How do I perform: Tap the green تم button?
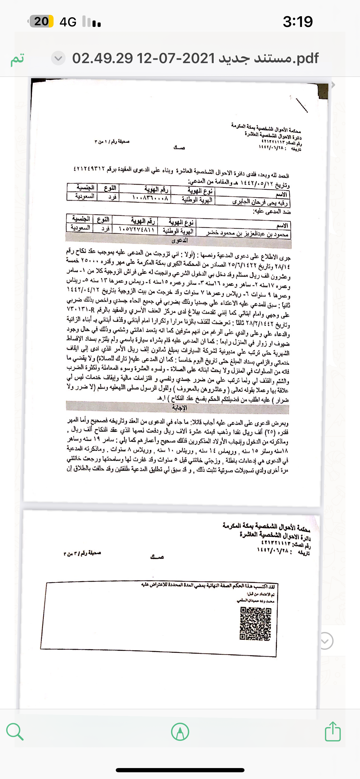coord(17,59)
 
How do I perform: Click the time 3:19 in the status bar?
coord(297,22)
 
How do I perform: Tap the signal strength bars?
coord(92,22)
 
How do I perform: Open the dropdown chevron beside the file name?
coord(58,58)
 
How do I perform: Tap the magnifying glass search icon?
coord(15,732)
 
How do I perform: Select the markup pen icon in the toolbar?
coord(180,732)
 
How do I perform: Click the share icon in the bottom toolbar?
coord(333,732)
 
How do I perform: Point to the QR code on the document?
coord(255,624)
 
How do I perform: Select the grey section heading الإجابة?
coord(179,408)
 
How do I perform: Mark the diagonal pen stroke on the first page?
coord(302,105)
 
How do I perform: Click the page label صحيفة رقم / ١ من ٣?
coord(112,141)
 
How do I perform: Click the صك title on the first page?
coord(179,148)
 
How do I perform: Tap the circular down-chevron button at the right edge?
coord(325,641)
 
